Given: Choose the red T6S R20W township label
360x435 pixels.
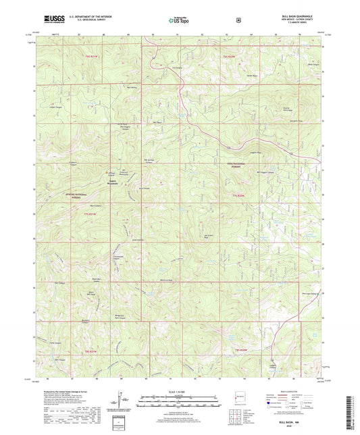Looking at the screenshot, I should click(230, 57).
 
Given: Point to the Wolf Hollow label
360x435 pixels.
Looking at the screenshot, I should click(132, 87).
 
